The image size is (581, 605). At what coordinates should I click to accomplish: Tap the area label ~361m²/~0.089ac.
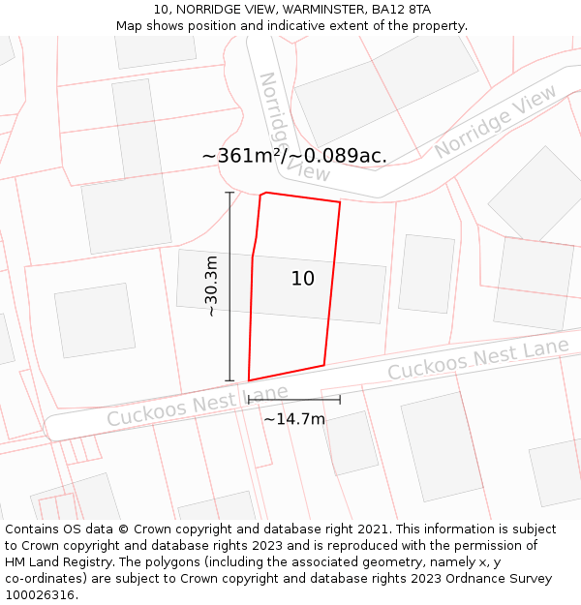[294, 156]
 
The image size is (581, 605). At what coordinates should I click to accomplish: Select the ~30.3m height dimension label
[211, 287]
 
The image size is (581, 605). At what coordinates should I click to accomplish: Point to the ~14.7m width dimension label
[294, 419]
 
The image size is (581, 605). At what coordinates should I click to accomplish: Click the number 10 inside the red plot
[303, 279]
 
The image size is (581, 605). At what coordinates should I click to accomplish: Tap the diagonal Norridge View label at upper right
[496, 121]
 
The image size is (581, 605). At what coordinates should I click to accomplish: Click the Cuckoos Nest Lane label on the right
[478, 358]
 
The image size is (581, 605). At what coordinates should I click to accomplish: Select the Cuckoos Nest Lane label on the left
[198, 406]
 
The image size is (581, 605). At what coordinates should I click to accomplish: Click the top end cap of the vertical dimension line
[230, 194]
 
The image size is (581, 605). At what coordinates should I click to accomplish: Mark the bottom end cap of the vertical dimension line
[230, 380]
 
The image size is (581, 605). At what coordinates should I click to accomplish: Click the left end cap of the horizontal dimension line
[249, 399]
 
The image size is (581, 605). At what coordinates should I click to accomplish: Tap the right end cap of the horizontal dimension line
[340, 399]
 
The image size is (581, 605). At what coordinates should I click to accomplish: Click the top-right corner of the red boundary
[340, 202]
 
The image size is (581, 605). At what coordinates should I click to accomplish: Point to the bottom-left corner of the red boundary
[249, 380]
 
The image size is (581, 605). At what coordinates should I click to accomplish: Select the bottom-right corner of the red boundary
[323, 365]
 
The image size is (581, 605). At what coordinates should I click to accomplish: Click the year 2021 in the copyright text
[372, 529]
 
